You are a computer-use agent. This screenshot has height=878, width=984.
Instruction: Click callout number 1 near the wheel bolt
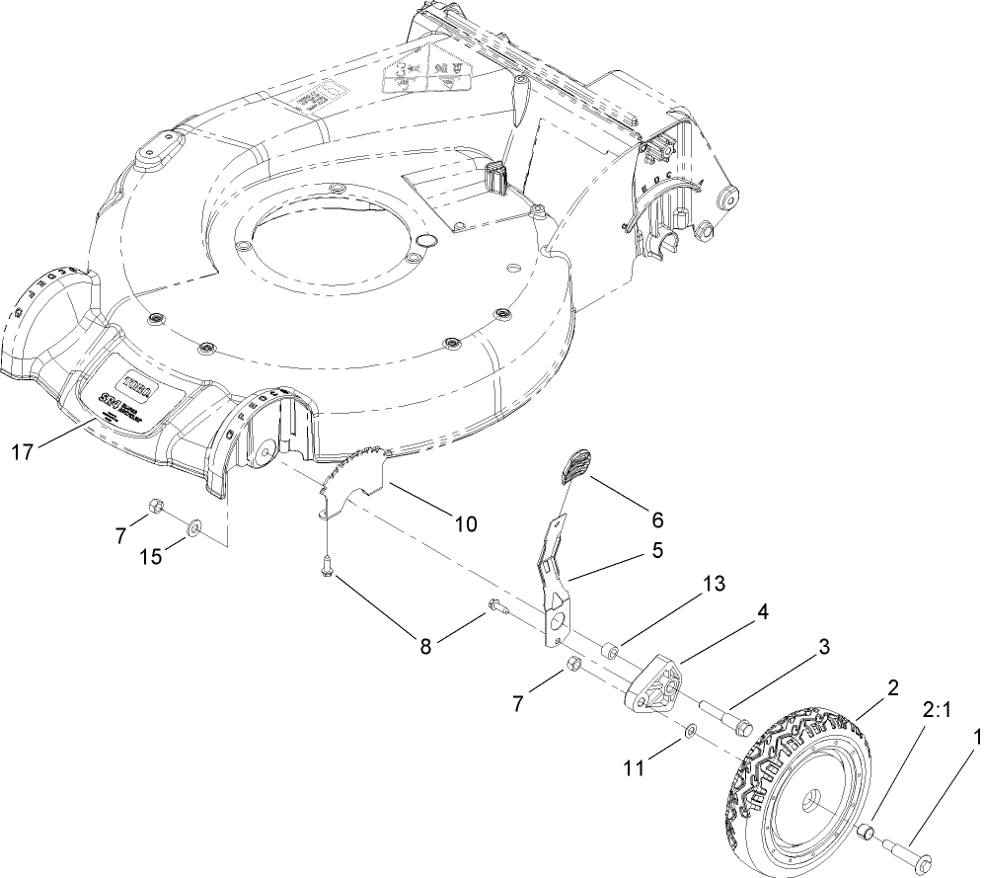(x=976, y=736)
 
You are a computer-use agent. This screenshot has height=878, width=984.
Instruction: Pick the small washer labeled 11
(x=691, y=730)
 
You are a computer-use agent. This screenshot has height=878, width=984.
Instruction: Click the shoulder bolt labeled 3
(x=726, y=715)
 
